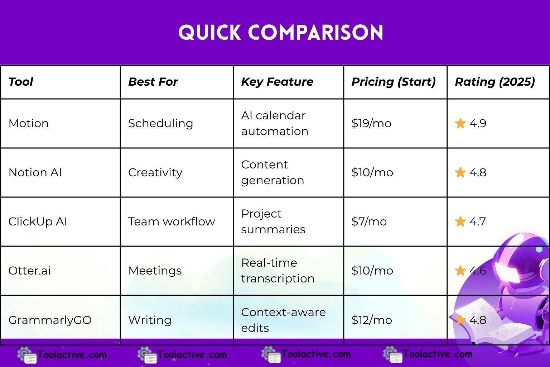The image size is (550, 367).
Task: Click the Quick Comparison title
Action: point(281,33)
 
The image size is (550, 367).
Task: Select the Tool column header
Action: point(21,82)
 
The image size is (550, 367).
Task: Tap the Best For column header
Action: point(153,82)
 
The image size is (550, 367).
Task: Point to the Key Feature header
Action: point(277,82)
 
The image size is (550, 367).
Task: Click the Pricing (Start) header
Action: point(394,82)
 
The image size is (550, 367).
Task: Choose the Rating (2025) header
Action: point(495,82)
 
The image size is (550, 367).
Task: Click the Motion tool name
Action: point(29,123)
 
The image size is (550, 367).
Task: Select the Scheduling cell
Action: point(160,123)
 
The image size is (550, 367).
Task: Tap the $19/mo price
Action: point(371,123)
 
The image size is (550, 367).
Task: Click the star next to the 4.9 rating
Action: point(460,123)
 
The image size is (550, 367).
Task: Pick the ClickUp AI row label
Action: point(38,221)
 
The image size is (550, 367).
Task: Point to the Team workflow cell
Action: point(172,221)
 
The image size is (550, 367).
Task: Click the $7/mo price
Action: point(369,221)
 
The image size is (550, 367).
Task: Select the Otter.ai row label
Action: point(29,271)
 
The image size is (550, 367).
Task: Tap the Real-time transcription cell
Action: point(278,271)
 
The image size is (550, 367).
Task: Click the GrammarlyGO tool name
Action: point(50,320)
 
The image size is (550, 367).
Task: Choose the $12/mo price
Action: point(372,320)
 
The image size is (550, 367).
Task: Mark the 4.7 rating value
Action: point(478,221)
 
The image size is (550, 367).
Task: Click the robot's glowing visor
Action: point(507,272)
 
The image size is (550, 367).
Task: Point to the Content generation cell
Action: point(272,172)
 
